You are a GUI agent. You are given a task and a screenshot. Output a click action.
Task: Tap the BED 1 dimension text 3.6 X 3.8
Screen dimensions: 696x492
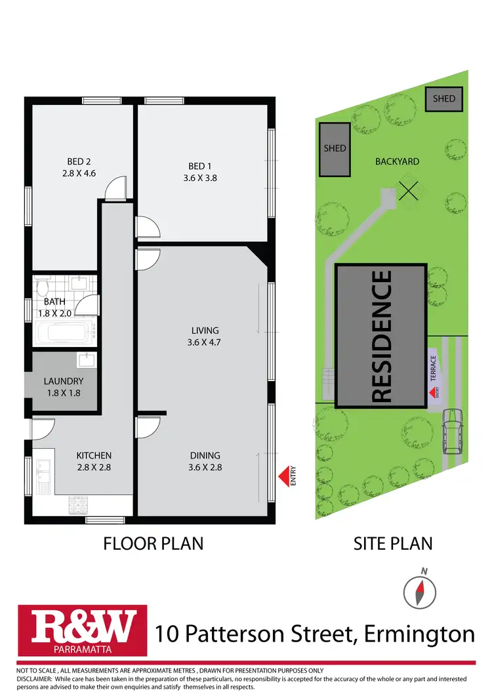201,176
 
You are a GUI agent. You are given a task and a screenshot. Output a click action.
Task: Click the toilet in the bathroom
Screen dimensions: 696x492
43,288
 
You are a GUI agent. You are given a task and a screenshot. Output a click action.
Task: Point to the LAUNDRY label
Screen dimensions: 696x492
64,380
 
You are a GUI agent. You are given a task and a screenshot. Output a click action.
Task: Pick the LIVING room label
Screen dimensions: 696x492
205,330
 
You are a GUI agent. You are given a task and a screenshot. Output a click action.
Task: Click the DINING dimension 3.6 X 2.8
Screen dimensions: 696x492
205,468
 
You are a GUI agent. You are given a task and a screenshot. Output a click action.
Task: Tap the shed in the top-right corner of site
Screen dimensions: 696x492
443,99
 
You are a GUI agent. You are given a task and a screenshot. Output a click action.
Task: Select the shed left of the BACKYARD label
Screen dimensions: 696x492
335,149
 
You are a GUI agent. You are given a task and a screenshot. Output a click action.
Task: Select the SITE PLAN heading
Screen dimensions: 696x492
393,543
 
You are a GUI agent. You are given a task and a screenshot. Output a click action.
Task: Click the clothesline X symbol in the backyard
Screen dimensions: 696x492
409,191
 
